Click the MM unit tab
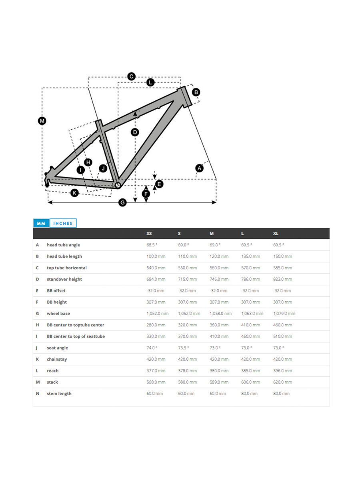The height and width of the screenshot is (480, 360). pyautogui.click(x=41, y=223)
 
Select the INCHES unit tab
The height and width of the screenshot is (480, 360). pyautogui.click(x=63, y=223)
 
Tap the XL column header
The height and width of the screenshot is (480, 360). pyautogui.click(x=276, y=234)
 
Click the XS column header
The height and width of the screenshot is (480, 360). pyautogui.click(x=149, y=234)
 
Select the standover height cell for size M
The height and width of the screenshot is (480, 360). pyautogui.click(x=219, y=279)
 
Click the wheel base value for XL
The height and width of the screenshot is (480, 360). pyautogui.click(x=284, y=314)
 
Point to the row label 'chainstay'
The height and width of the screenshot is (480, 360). pyautogui.click(x=57, y=359)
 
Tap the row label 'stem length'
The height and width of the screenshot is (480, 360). pyautogui.click(x=59, y=394)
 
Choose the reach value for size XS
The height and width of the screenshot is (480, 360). pyautogui.click(x=156, y=371)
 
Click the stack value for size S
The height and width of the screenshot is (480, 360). pyautogui.click(x=187, y=382)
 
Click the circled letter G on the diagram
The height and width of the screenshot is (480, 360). pyautogui.click(x=123, y=202)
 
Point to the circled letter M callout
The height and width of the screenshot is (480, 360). pyautogui.click(x=42, y=120)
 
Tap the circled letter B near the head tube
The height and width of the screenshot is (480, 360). pyautogui.click(x=196, y=92)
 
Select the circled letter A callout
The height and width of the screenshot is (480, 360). pyautogui.click(x=199, y=168)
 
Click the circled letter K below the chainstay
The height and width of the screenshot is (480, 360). pyautogui.click(x=74, y=193)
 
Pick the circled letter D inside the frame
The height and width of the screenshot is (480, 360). pyautogui.click(x=135, y=132)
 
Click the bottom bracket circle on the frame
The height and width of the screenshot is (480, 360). pyautogui.click(x=118, y=185)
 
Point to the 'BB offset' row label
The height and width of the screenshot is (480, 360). pyautogui.click(x=56, y=291)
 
